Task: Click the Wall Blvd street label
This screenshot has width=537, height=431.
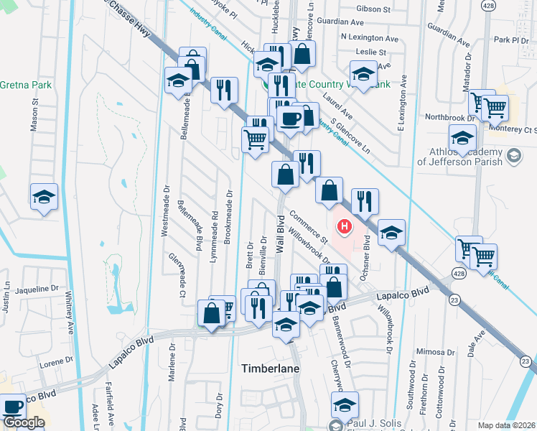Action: coord(281,235)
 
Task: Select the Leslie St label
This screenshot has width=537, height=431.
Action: coord(372,52)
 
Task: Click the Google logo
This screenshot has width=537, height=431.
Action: coord(24,422)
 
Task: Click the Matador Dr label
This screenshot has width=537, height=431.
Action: coord(467,69)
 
